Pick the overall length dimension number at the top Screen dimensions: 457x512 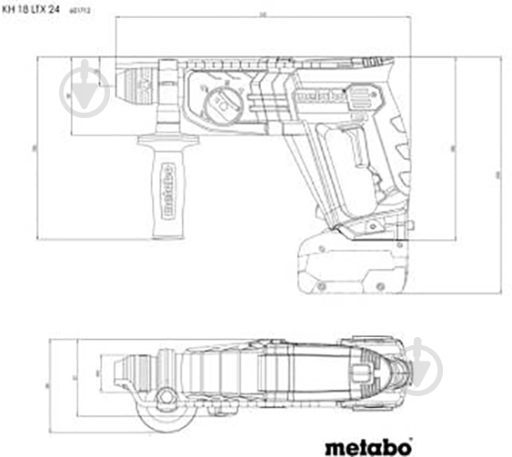point(262,17)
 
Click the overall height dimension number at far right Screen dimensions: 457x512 point(498,173)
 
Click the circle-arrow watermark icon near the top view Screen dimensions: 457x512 point(427,363)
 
